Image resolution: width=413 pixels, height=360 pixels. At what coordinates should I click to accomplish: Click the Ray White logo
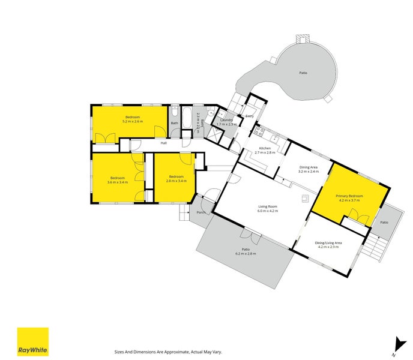point(32,341)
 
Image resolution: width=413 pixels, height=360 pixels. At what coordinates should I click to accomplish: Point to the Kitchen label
point(265,148)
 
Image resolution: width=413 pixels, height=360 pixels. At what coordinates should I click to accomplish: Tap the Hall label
point(163,143)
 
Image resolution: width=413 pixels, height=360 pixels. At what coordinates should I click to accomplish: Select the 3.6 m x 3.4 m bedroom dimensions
point(116,182)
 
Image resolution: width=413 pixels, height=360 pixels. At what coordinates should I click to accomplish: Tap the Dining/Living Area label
point(328,242)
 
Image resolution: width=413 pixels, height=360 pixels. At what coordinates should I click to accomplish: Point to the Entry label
point(250,116)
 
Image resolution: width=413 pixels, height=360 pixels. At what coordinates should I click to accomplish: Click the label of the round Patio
point(303,73)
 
